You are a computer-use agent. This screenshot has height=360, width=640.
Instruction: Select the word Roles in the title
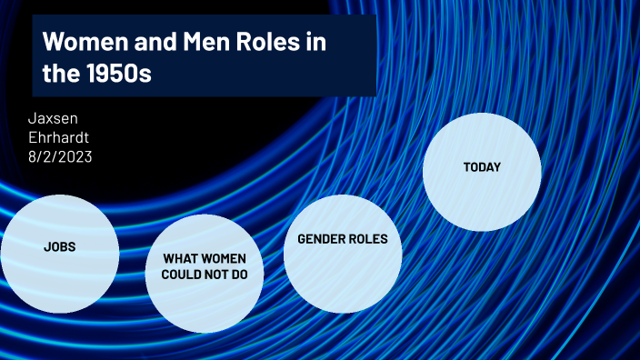tap(264, 42)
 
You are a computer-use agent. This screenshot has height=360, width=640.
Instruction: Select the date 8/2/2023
tap(61, 156)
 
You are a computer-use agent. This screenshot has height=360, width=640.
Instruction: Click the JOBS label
tap(59, 247)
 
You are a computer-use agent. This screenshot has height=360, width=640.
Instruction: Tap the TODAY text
tap(482, 167)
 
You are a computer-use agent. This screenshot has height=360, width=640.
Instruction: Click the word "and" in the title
tap(147, 42)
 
